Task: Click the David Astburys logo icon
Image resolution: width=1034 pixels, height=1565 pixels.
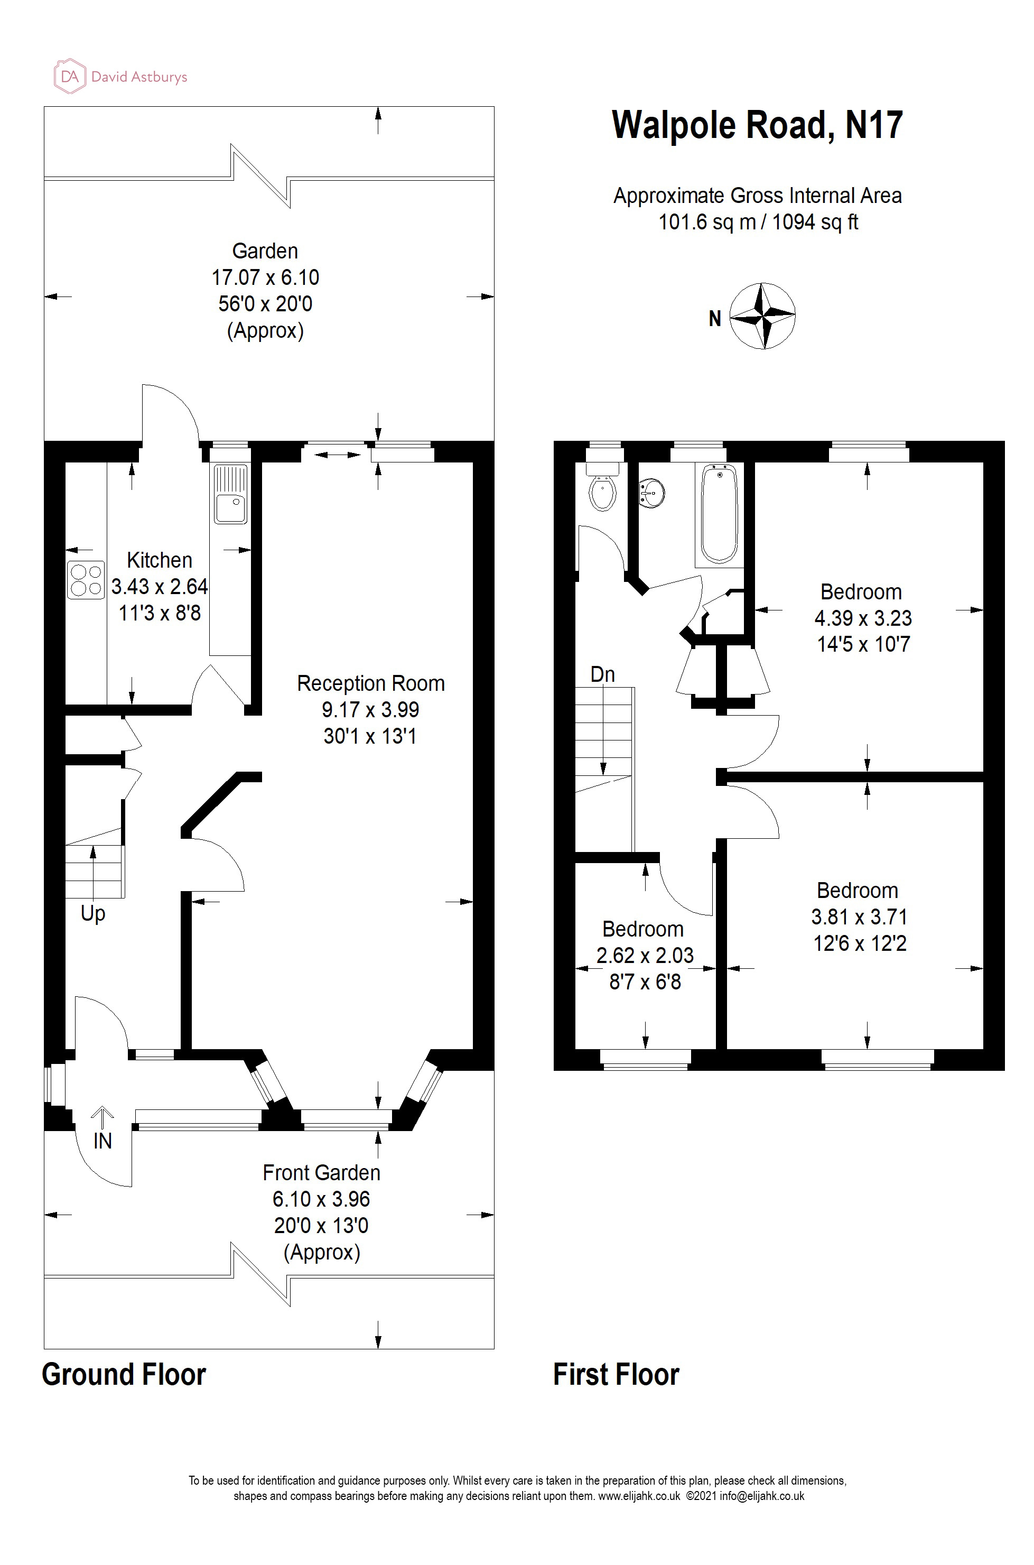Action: (x=69, y=77)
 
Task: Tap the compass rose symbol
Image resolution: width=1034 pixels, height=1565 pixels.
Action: (x=763, y=316)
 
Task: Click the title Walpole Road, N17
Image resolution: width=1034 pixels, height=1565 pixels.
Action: (x=757, y=125)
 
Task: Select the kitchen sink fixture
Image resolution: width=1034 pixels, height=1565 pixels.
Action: (x=230, y=494)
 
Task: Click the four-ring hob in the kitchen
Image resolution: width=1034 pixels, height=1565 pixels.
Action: (x=86, y=580)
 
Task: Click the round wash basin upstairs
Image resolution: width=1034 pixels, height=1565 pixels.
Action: (x=651, y=493)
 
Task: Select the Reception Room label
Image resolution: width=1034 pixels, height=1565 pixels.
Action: (x=370, y=683)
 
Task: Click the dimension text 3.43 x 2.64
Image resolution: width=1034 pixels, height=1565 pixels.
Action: (x=160, y=586)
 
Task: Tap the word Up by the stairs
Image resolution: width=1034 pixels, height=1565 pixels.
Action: (x=93, y=913)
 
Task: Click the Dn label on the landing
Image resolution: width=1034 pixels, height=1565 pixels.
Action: (x=602, y=674)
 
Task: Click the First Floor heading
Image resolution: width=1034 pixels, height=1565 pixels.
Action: (x=616, y=1374)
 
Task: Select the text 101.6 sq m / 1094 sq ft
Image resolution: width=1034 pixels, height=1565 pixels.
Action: (x=758, y=223)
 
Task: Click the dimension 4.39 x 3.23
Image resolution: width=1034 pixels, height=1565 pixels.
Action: (x=862, y=618)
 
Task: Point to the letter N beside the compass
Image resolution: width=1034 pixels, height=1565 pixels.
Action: (x=715, y=319)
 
